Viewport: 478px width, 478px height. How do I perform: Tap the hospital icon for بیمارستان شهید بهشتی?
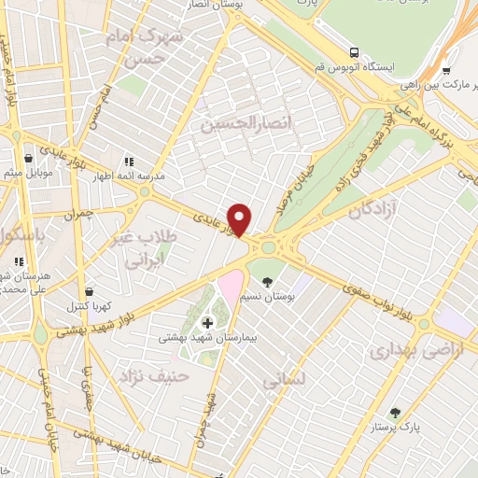click(206, 323)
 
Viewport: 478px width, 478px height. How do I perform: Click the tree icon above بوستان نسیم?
click(268, 281)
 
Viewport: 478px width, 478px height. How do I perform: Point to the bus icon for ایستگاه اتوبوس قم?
click(355, 52)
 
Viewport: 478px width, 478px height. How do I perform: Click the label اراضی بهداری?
click(404, 352)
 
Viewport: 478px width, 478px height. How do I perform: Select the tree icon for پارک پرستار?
click(395, 412)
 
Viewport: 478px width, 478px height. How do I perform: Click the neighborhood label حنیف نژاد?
click(154, 375)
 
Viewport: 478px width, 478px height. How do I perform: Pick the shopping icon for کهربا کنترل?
click(88, 291)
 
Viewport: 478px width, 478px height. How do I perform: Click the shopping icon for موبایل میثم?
click(29, 159)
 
